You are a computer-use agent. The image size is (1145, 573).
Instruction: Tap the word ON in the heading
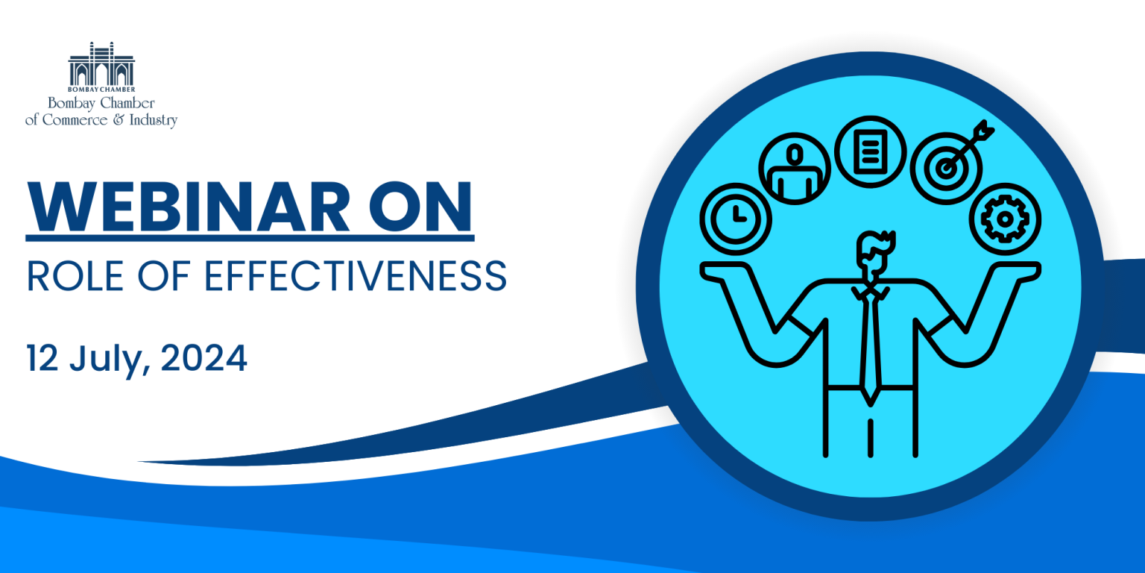tap(420, 207)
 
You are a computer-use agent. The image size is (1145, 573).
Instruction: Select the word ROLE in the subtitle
tap(75, 276)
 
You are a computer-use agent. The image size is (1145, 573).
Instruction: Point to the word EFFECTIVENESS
tap(356, 276)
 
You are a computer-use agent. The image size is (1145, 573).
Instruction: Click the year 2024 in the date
tap(204, 358)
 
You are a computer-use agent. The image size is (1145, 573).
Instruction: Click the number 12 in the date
tap(42, 358)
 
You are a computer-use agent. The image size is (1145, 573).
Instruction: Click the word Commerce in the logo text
tap(75, 119)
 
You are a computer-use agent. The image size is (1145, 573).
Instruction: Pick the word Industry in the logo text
tap(154, 120)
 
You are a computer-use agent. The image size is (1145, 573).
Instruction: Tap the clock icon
tap(736, 219)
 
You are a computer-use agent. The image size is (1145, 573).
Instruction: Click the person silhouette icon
tap(795, 169)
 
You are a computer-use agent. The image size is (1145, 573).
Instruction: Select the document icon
tap(871, 152)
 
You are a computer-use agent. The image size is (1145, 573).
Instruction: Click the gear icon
tap(1005, 219)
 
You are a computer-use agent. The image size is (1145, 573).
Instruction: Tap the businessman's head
tap(874, 257)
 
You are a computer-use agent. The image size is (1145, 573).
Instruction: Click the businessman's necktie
tap(870, 348)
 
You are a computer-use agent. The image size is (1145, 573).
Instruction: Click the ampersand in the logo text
tap(118, 119)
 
